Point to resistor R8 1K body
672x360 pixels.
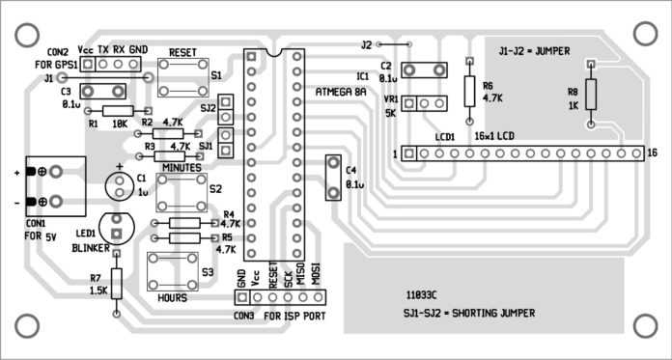tap(592, 94)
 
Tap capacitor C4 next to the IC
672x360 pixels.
tap(333, 178)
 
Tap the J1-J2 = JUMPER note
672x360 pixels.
tap(535, 48)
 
